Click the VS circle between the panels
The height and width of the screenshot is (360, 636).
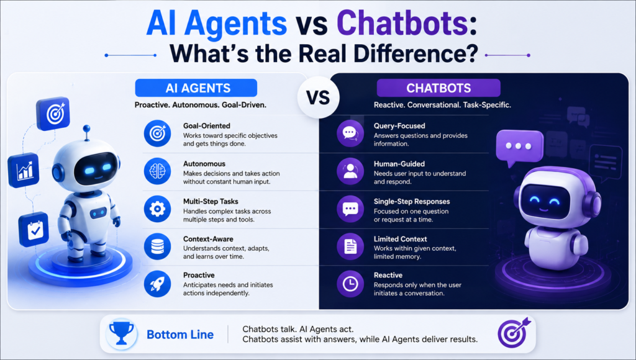pyautogui.click(x=319, y=97)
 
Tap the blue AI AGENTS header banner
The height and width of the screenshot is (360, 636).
pyautogui.click(x=196, y=88)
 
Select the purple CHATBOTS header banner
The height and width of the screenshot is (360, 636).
pyautogui.click(x=438, y=88)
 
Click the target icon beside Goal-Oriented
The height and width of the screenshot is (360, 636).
pyautogui.click(x=157, y=133)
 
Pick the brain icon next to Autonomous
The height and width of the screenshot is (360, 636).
pyautogui.click(x=157, y=171)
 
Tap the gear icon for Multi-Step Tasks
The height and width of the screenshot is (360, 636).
pyautogui.click(x=157, y=209)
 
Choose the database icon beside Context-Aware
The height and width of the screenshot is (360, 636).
pyautogui.click(x=157, y=246)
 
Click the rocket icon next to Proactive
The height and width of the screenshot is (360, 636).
pyautogui.click(x=157, y=284)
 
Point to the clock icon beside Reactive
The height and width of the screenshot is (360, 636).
pyautogui.click(x=350, y=284)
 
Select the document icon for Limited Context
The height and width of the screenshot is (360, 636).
pyautogui.click(x=350, y=246)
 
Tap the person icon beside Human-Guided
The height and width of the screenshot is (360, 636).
pyautogui.click(x=350, y=171)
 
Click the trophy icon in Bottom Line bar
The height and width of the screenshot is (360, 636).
pyautogui.click(x=122, y=334)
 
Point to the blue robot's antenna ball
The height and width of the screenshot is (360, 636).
pyautogui.click(x=86, y=128)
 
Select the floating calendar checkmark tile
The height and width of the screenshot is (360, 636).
pyautogui.click(x=34, y=230)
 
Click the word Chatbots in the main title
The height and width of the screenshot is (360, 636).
pyautogui.click(x=402, y=23)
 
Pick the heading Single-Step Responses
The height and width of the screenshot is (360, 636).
pyautogui.click(x=412, y=202)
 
